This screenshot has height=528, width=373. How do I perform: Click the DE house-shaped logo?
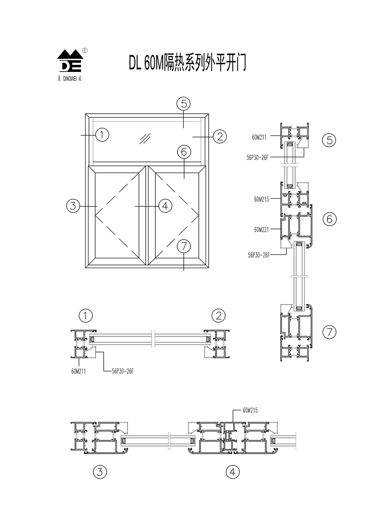[x=69, y=61]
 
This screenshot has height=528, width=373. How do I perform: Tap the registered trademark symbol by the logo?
[x=85, y=50]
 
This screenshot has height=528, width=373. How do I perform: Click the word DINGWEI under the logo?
[x=70, y=79]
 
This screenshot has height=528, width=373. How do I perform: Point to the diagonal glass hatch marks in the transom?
[x=145, y=138]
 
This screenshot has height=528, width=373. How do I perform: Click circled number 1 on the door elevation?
[x=102, y=135]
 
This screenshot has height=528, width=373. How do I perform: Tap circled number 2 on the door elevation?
[x=220, y=137]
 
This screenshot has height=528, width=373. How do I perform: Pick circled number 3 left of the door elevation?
[x=73, y=206]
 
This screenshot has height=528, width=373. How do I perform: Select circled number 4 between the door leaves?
[x=165, y=206]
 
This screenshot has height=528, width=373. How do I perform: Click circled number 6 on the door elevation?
[x=184, y=151]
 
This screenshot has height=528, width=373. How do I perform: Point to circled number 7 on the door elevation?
[x=184, y=246]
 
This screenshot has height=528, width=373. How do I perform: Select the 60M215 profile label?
[x=250, y=410]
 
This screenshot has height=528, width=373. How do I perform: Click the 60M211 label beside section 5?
[x=259, y=137]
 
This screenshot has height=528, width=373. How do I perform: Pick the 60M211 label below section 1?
[x=79, y=371]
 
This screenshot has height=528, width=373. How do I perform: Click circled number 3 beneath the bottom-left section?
[x=100, y=472]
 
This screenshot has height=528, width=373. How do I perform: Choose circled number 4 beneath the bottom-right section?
[x=233, y=472]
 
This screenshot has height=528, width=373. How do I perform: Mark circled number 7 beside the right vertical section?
[x=330, y=331]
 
